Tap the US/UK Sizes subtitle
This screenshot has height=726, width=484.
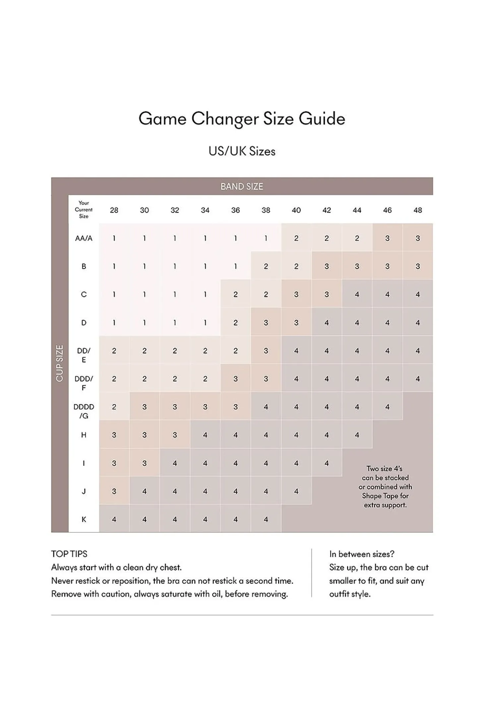(x=242, y=151)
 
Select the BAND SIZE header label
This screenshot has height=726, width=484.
(x=242, y=187)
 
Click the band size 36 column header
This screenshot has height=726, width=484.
(x=235, y=210)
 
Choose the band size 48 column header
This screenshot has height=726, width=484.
(x=418, y=210)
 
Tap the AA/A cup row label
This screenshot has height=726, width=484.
(x=84, y=238)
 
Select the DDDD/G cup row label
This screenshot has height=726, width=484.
(x=84, y=411)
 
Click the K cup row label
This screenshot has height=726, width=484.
(x=84, y=519)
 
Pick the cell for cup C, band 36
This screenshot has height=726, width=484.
(x=235, y=294)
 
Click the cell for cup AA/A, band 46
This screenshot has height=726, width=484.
(x=387, y=238)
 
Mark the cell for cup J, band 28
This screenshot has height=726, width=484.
(x=114, y=491)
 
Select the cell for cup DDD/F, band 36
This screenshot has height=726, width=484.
(x=235, y=379)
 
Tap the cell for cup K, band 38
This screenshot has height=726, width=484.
(x=266, y=519)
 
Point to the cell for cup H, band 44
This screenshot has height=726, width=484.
(x=357, y=435)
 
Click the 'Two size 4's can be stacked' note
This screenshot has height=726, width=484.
(x=385, y=487)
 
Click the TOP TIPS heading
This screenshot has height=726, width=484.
(x=69, y=554)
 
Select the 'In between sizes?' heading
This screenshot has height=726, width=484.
(x=362, y=554)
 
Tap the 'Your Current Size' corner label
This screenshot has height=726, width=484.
(x=84, y=210)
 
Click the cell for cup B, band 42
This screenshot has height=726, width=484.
(x=327, y=266)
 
